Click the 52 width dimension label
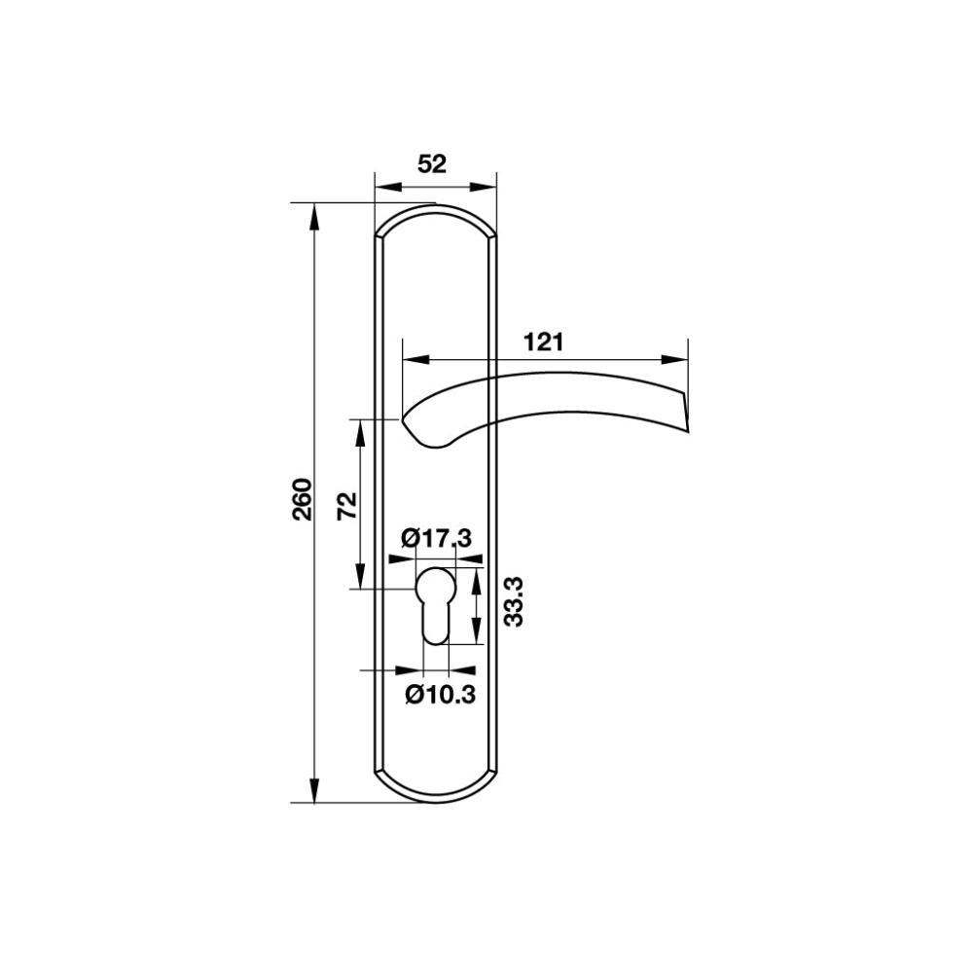(x=432, y=164)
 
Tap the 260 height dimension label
(x=303, y=499)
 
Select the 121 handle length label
(x=544, y=342)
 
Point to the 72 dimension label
(x=347, y=505)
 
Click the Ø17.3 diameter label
(x=436, y=537)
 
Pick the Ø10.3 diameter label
(x=440, y=694)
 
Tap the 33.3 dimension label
(x=514, y=601)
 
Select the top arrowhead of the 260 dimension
(x=314, y=217)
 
